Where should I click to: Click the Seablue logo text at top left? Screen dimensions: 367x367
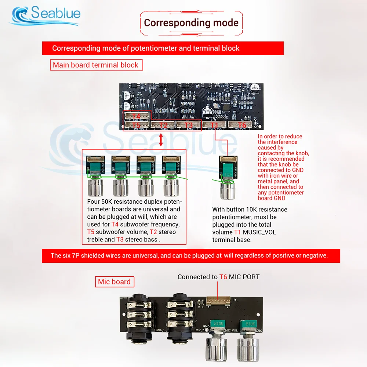pos(55,14)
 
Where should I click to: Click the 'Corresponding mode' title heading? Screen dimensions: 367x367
pos(191,23)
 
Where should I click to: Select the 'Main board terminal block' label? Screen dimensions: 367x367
pos(96,65)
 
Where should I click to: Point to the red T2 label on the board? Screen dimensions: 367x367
pos(163,125)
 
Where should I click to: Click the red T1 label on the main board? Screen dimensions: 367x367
pos(215,125)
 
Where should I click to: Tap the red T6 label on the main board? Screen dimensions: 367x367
pos(242,125)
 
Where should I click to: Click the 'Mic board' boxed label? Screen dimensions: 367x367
pos(114,282)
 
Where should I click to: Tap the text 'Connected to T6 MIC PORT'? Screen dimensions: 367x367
pos(218,277)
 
